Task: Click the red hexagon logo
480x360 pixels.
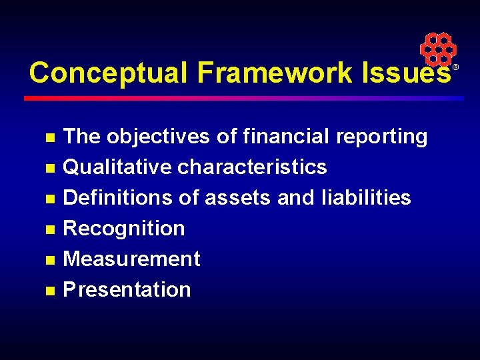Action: [x=437, y=49]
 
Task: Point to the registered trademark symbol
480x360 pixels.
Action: [x=457, y=68]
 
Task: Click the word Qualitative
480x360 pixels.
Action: [x=117, y=167]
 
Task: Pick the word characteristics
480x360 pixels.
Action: [x=252, y=167]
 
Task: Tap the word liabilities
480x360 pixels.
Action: [x=365, y=197]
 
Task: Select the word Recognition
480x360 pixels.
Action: [x=124, y=228]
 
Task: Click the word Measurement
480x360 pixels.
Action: [x=131, y=259]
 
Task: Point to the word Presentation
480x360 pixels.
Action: [x=127, y=289]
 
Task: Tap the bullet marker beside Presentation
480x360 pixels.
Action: [x=49, y=291]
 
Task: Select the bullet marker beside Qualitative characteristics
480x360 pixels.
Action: [x=49, y=168]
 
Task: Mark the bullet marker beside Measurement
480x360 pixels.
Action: [x=49, y=260]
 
